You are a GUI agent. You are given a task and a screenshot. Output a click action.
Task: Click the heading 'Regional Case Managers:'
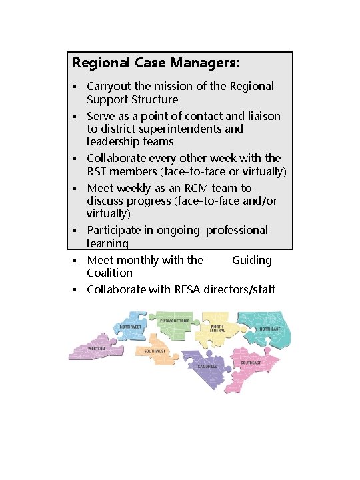156,64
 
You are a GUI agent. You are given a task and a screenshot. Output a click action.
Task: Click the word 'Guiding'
252,260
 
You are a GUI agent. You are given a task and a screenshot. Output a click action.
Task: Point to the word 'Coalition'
109,273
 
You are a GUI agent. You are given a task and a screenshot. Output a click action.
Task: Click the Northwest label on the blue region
131,327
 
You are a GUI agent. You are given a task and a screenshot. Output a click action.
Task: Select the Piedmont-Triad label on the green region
175,321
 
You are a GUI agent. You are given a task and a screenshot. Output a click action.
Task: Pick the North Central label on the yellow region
218,328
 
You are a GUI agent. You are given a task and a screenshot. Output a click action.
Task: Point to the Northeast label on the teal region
269,329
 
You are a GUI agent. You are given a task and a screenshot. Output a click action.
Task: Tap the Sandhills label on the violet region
207,366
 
